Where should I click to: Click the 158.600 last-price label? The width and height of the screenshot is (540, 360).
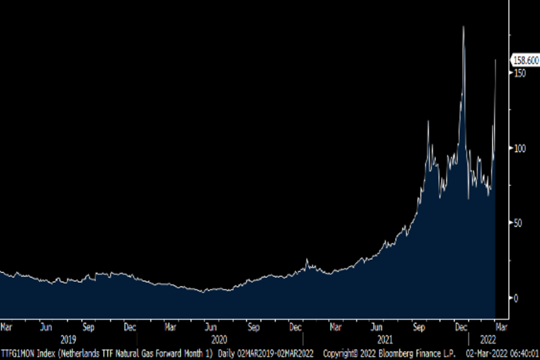(526, 61)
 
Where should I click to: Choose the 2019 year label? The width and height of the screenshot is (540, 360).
(68, 339)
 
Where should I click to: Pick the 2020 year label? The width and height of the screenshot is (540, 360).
(219, 339)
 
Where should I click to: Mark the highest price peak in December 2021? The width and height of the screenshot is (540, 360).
(463, 27)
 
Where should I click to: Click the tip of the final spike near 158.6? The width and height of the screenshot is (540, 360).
(495, 60)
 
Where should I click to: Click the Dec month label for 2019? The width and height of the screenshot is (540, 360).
(130, 328)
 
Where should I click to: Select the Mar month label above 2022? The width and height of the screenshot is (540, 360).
(501, 328)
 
